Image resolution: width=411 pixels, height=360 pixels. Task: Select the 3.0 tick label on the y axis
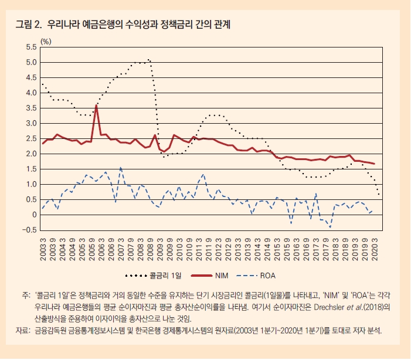tap(31, 123)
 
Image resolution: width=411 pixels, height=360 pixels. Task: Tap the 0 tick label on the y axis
tap(35, 215)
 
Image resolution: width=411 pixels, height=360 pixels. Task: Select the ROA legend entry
tap(256, 275)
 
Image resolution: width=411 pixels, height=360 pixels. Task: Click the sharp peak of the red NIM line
tap(96, 106)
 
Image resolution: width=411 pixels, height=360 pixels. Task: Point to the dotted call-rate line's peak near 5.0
tap(149, 59)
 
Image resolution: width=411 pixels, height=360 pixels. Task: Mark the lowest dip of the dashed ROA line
tap(330, 227)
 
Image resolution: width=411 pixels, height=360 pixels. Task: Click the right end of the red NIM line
tap(374, 164)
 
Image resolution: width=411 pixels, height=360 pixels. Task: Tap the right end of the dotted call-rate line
tap(379, 195)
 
